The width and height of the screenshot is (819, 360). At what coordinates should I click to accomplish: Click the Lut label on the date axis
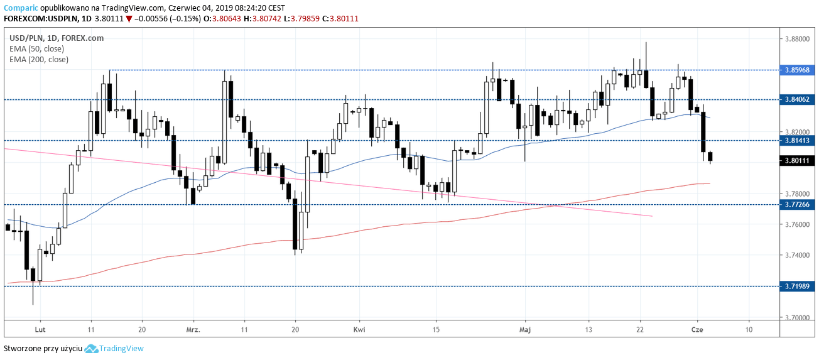(x=40, y=329)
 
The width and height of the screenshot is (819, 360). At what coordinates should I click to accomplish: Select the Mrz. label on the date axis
(x=193, y=329)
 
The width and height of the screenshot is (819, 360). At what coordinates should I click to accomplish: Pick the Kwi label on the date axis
(x=359, y=329)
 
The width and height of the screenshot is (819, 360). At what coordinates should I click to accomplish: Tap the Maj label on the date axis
(x=525, y=329)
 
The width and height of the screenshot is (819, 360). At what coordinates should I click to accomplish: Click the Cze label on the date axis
(x=696, y=329)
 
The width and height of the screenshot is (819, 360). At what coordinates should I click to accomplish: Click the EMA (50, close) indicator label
(x=36, y=48)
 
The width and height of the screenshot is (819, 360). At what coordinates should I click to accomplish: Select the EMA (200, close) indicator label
(x=38, y=59)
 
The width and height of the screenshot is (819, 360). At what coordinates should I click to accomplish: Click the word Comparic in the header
(x=21, y=8)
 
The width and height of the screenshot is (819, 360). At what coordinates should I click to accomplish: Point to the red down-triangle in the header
(x=128, y=19)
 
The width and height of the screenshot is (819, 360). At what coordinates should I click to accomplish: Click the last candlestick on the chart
(x=710, y=156)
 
